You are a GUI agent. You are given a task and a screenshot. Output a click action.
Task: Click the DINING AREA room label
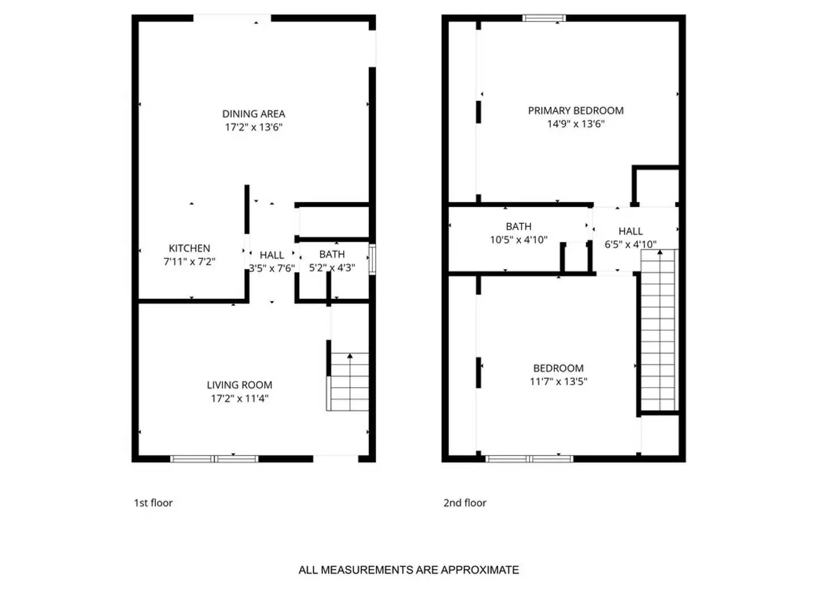coord(253,114)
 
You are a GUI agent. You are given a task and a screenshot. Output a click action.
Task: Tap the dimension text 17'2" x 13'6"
coord(253,127)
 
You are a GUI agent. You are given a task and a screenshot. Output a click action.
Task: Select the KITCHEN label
coord(189,248)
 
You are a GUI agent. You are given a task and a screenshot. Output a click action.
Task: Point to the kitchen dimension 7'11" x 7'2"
coord(189,262)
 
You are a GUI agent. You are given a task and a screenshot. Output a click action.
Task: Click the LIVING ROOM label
coord(239,385)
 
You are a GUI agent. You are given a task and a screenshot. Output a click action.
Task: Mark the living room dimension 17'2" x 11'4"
coord(239,398)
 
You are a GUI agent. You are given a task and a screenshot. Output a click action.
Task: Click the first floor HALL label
coord(272,255)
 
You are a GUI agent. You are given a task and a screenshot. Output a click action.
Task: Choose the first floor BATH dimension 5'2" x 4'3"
coord(332,267)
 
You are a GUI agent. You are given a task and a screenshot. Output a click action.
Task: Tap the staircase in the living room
coord(349,381)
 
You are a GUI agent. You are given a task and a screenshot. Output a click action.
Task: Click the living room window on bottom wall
coord(214,458)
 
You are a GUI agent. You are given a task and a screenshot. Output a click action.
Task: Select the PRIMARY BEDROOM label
coord(576,110)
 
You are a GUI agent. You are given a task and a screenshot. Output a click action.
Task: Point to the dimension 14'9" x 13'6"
coord(576,124)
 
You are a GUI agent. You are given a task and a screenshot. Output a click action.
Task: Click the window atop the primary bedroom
coord(544,18)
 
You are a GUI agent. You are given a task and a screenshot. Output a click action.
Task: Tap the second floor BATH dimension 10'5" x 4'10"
coord(518,240)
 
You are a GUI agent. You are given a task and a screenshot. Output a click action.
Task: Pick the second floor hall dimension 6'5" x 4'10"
coord(630,245)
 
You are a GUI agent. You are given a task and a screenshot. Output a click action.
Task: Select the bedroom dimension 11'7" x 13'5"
coord(558,381)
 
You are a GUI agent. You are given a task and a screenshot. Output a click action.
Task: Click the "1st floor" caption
coord(153,503)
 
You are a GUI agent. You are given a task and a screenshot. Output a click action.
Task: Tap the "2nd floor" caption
coord(465,503)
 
